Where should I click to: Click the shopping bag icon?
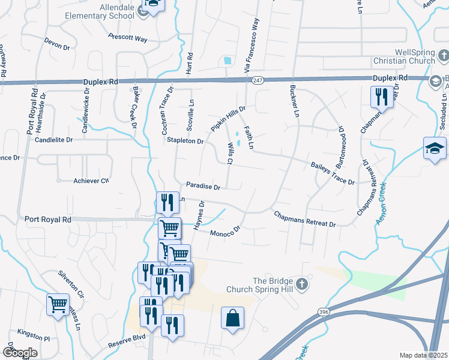click(232, 319)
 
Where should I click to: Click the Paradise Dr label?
click(203, 187)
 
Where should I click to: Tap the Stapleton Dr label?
click(185, 141)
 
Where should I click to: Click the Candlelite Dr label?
click(53, 140)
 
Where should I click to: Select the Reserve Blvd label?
click(127, 342)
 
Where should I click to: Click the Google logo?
click(20, 352)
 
